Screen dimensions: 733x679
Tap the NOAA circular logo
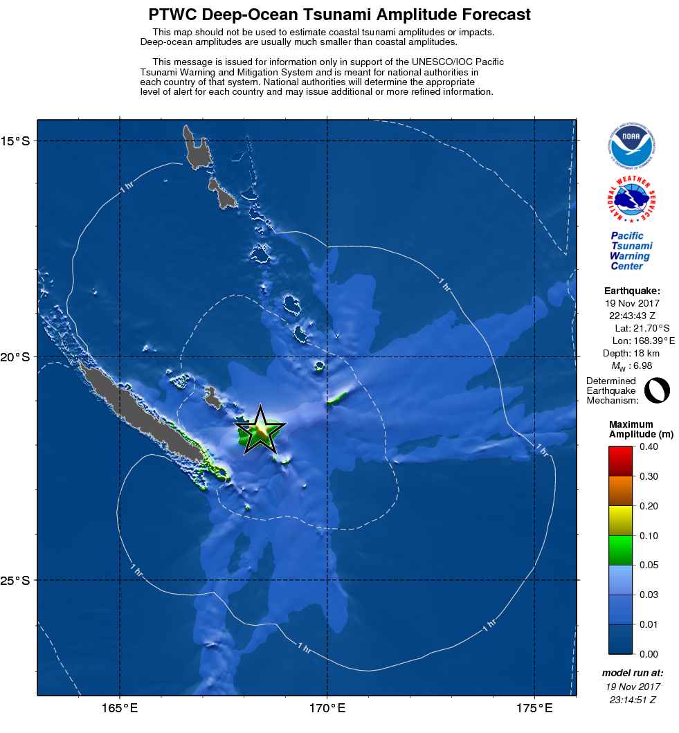tap(632, 145)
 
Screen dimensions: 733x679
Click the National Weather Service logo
tap(632, 201)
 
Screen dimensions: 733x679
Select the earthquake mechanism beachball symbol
tap(656, 390)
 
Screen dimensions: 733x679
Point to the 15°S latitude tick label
tap(19, 141)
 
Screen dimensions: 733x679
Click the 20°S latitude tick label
tap(19, 357)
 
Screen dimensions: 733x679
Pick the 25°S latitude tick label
tap(19, 580)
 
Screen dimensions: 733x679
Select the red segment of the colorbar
tap(622, 456)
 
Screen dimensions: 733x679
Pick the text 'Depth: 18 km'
tap(632, 353)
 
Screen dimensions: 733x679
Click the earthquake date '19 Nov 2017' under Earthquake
tap(632, 303)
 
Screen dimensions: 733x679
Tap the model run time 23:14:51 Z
tap(632, 700)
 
